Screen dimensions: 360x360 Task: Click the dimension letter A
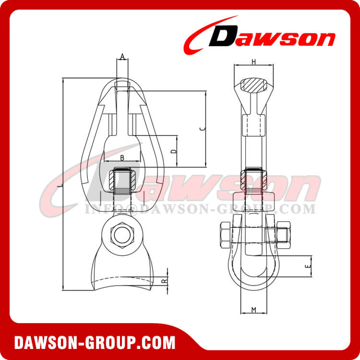pyautogui.click(x=122, y=57)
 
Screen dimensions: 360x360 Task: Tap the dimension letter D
pyautogui.click(x=174, y=151)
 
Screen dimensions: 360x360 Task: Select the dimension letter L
pyautogui.click(x=59, y=185)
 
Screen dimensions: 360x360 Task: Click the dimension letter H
pyautogui.click(x=253, y=61)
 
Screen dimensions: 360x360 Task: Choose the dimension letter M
pyautogui.click(x=253, y=310)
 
